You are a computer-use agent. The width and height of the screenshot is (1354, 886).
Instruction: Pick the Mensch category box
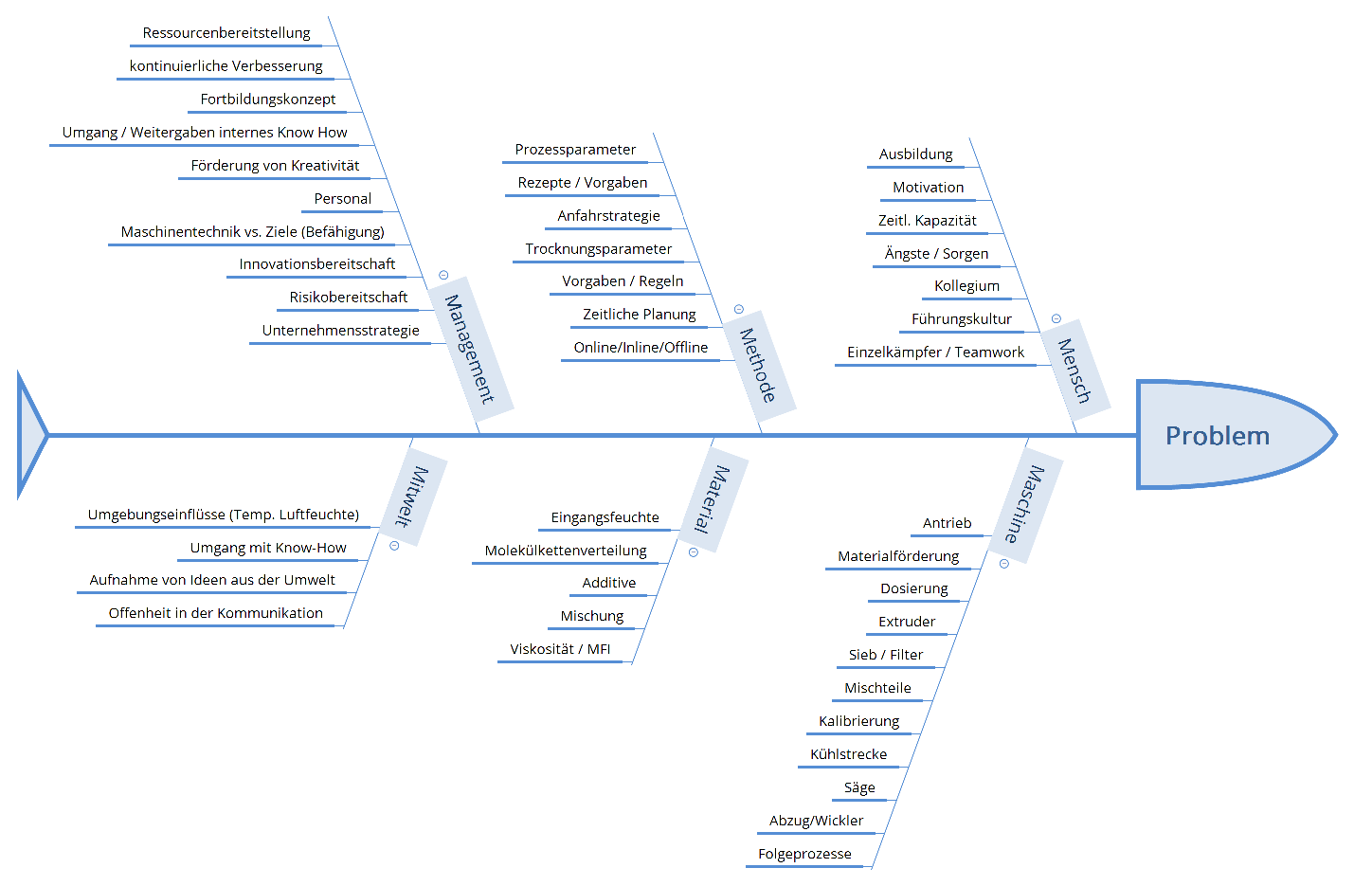[1074, 371]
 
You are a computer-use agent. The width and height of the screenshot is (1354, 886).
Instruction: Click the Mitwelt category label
[412, 497]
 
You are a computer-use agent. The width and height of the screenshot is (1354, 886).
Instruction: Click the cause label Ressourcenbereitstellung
[226, 33]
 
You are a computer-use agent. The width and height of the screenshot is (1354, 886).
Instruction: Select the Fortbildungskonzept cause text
[268, 99]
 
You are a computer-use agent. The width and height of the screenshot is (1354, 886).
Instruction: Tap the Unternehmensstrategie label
[340, 331]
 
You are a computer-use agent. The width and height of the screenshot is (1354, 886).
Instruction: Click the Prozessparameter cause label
[575, 150]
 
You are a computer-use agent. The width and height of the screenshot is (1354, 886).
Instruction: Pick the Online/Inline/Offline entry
[641, 348]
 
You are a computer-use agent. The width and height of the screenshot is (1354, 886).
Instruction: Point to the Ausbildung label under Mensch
[915, 154]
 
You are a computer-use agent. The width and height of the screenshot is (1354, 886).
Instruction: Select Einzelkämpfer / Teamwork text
[935, 353]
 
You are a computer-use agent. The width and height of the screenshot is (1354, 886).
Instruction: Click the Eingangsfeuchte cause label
[605, 517]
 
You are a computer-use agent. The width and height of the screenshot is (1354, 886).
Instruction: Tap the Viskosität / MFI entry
[560, 649]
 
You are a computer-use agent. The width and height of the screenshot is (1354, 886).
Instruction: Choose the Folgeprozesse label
[804, 854]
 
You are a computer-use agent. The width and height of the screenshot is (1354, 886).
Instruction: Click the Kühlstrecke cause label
[848, 754]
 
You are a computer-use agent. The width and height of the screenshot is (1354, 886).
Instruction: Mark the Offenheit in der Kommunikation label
[215, 613]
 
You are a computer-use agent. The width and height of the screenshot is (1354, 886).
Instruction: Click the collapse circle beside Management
[443, 275]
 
